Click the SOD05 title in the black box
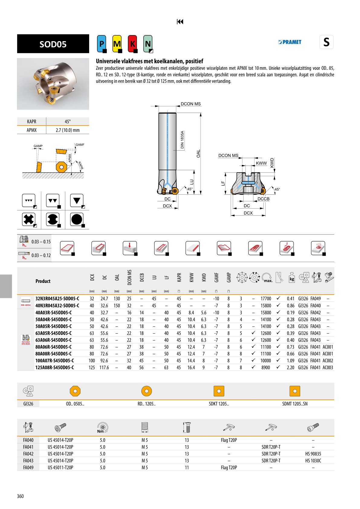point(53,44)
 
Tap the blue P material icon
point(102,44)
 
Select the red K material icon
point(132,44)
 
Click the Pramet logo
point(290,42)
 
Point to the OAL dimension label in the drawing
point(198,154)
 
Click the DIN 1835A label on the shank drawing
point(182,140)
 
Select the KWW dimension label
point(261,163)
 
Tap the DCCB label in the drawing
point(263,199)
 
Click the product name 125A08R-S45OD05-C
point(54,368)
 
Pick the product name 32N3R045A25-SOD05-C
point(57,299)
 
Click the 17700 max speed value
point(266,299)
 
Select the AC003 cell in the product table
point(328,368)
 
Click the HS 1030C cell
point(313,461)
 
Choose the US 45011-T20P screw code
point(60,468)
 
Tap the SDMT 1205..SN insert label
point(295,404)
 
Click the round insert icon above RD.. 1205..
point(147,391)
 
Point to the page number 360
point(20,496)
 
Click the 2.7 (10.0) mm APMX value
point(68,130)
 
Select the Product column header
point(43,281)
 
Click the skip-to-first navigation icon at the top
point(180,21)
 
